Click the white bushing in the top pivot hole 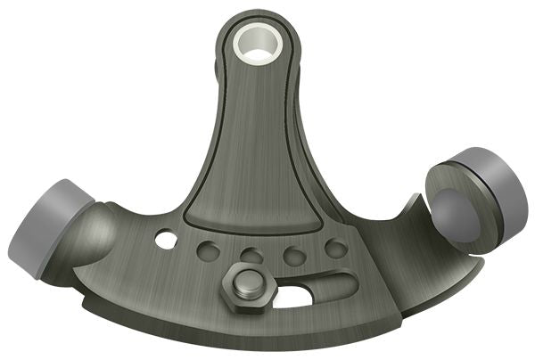point(255,43)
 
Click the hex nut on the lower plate point(241,286)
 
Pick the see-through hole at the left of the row point(166,239)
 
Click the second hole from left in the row point(209,250)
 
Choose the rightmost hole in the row point(334,249)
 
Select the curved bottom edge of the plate point(267,337)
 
